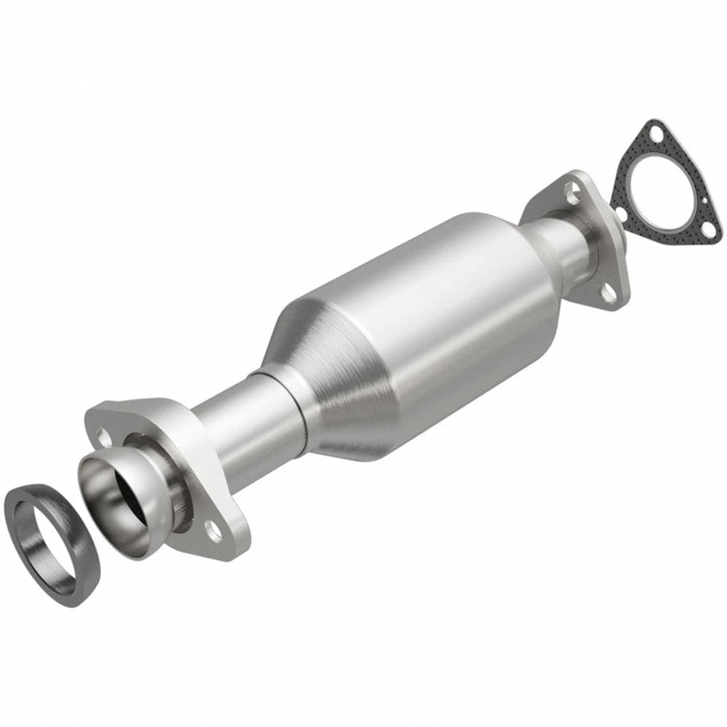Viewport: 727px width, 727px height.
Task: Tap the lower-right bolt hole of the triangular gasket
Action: click(710, 229)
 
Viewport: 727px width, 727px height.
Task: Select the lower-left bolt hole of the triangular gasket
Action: click(620, 212)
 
